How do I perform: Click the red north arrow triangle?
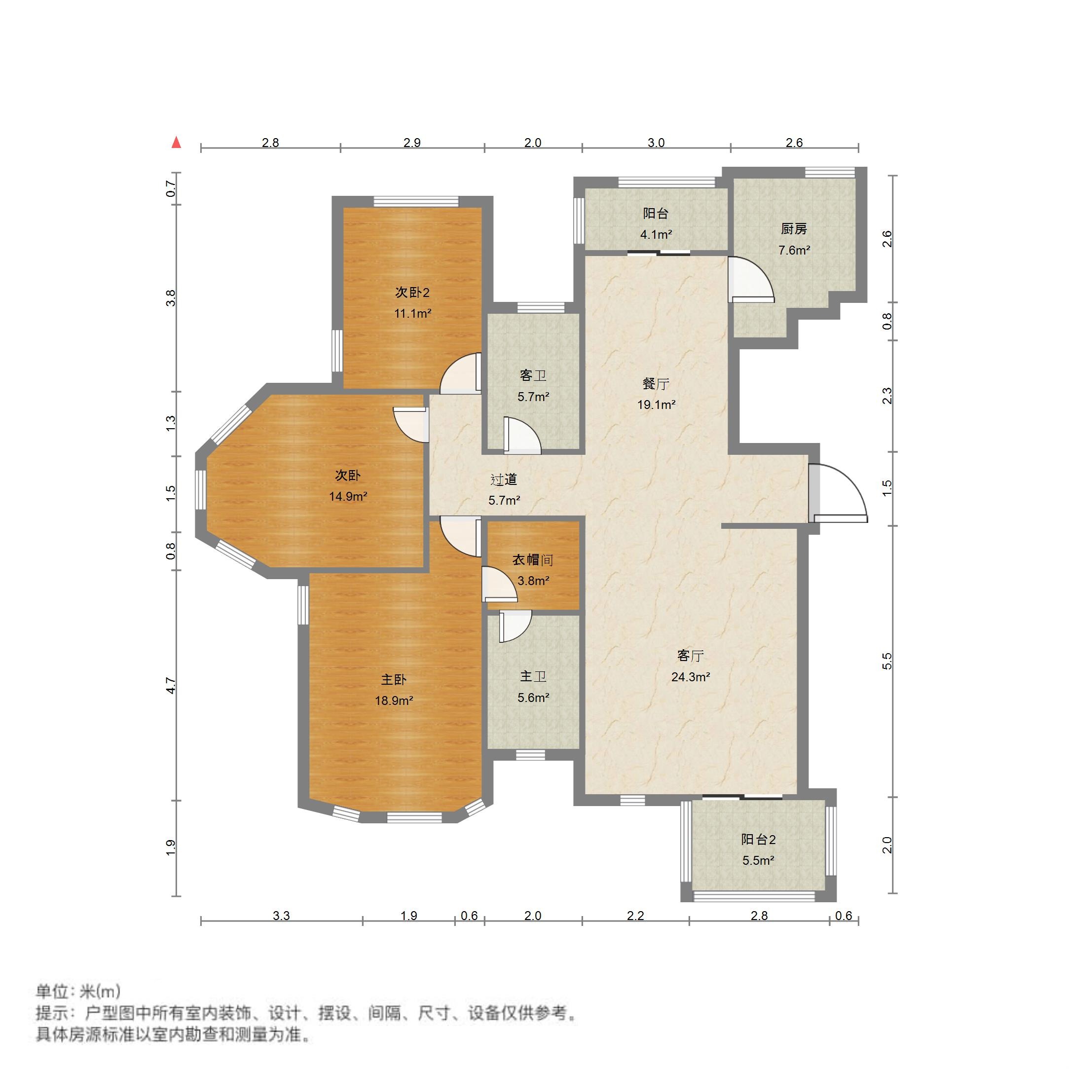(x=177, y=143)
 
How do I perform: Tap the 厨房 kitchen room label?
(x=794, y=228)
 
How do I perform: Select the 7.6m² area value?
(x=794, y=250)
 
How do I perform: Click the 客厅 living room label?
(x=691, y=656)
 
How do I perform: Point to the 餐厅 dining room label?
(x=656, y=383)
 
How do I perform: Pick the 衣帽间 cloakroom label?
(x=533, y=560)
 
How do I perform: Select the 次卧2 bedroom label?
(x=412, y=292)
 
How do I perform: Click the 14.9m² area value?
(x=348, y=496)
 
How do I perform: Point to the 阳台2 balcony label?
(x=759, y=840)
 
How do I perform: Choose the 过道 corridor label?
(x=504, y=479)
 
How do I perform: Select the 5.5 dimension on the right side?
(x=887, y=661)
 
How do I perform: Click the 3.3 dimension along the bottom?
(x=281, y=916)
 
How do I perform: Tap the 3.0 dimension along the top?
(x=656, y=143)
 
